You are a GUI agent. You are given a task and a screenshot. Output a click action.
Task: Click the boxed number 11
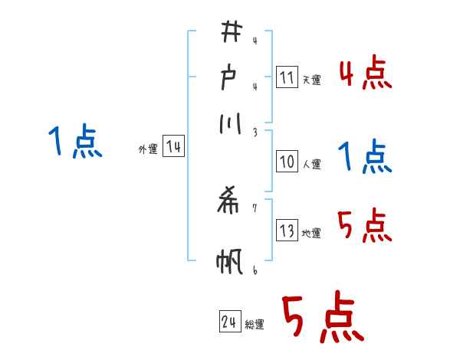[x=287, y=77]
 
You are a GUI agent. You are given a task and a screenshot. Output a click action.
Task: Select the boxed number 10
[x=287, y=162]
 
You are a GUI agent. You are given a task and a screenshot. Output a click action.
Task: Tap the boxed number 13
[x=287, y=231]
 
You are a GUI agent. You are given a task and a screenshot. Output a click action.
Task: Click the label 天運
[x=311, y=79]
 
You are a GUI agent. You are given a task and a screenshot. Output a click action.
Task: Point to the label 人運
[x=312, y=163]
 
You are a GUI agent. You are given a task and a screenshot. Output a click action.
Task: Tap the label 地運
[x=311, y=233]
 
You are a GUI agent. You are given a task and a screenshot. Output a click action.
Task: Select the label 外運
[x=148, y=149]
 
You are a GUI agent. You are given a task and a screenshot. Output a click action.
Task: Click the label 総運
[x=255, y=325]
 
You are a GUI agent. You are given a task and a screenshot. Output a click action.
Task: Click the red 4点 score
[x=365, y=75]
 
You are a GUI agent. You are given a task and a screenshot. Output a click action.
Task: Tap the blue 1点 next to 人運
[x=365, y=158]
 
